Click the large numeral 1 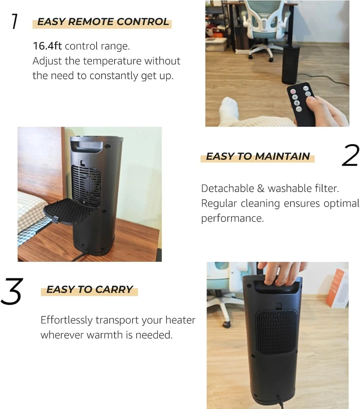click(15, 21)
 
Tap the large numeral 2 click(350, 155)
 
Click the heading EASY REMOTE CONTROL click(103, 22)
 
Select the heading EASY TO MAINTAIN click(258, 156)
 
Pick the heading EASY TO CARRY click(90, 289)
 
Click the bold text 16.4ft click(47, 46)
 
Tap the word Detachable click(227, 188)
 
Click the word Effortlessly click(67, 320)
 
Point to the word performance click(232, 218)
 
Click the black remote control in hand click(302, 105)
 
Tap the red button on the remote click(293, 92)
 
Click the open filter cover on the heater click(69, 211)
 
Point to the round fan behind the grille click(89, 184)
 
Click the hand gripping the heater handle click(282, 274)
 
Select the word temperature click(112, 61)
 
